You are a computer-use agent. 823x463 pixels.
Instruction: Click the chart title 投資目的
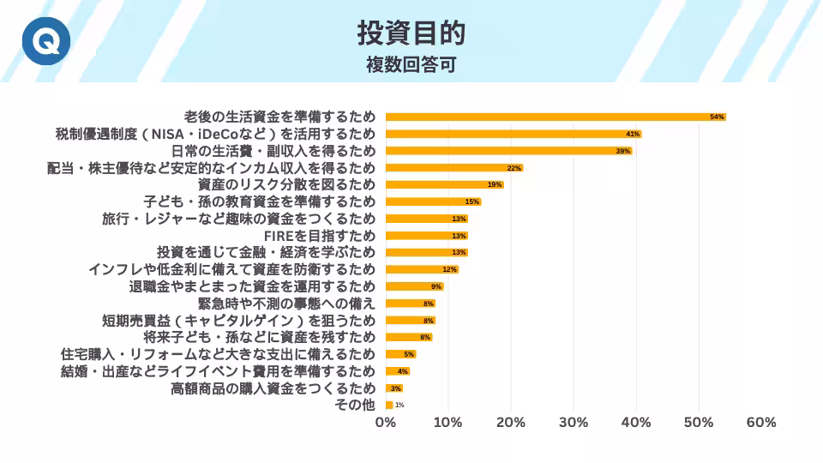(411, 33)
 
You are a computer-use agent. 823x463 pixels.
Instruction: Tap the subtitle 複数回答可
(411, 65)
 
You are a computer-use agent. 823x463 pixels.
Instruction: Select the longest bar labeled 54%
(556, 117)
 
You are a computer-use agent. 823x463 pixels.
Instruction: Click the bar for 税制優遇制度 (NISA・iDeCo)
(513, 134)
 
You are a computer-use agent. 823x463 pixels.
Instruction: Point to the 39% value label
(623, 151)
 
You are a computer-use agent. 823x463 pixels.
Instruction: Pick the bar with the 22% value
(454, 168)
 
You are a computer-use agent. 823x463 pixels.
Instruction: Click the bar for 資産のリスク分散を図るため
(444, 184)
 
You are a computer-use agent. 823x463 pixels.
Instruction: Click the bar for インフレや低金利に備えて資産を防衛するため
(422, 269)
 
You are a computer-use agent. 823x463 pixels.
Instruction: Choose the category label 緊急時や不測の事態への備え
(287, 303)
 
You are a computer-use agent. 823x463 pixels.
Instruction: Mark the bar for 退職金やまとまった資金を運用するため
(414, 286)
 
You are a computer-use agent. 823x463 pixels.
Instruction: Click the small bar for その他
(389, 405)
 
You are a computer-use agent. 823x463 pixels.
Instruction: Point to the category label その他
(355, 405)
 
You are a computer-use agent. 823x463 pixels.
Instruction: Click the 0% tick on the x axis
(386, 423)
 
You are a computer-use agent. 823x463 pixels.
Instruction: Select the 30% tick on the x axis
(574, 423)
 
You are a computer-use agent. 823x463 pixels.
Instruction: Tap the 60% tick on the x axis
(761, 423)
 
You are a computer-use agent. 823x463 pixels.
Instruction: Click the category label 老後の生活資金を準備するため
(279, 117)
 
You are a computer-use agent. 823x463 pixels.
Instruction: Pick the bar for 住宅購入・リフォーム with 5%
(400, 354)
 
